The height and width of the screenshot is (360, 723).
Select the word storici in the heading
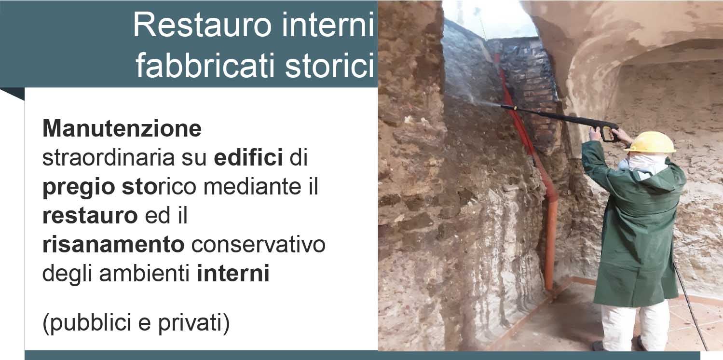329,66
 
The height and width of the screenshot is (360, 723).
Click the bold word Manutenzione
122,129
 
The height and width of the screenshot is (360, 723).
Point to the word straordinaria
109,158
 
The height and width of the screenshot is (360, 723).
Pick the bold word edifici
248,157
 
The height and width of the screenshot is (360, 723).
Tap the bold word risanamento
113,245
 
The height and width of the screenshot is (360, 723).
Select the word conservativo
259,245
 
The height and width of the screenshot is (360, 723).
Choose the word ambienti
144,273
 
